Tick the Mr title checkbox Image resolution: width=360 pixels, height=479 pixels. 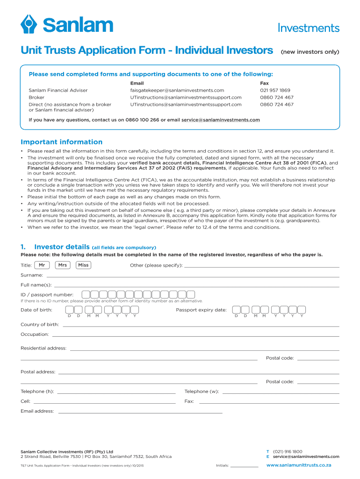[x=42, y=265]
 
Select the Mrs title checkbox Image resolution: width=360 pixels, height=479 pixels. [x=62, y=265]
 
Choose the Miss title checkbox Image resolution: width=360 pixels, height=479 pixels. [x=83, y=265]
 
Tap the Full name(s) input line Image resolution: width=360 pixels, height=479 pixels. [x=196, y=285]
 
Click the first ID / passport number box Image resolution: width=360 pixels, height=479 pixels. [x=86, y=295]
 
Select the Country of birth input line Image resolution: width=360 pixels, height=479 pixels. [x=201, y=325]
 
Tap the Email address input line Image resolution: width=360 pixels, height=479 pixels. [x=140, y=412]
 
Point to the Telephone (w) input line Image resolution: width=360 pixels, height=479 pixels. [x=281, y=392]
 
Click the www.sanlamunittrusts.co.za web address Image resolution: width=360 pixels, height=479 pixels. [x=298, y=465]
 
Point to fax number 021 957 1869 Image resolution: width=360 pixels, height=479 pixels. [x=275, y=90]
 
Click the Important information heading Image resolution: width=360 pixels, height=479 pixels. [x=61, y=142]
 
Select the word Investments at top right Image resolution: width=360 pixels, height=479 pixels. [x=308, y=28]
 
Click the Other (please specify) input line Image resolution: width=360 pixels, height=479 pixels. [x=262, y=266]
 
